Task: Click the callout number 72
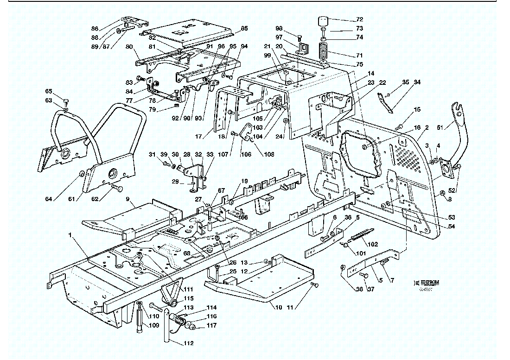359,19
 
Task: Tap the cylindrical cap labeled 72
323,22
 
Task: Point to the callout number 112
188,343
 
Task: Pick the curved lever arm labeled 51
459,134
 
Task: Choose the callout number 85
244,28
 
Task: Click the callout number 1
70,235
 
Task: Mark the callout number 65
49,91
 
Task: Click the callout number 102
372,244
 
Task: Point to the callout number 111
188,289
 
